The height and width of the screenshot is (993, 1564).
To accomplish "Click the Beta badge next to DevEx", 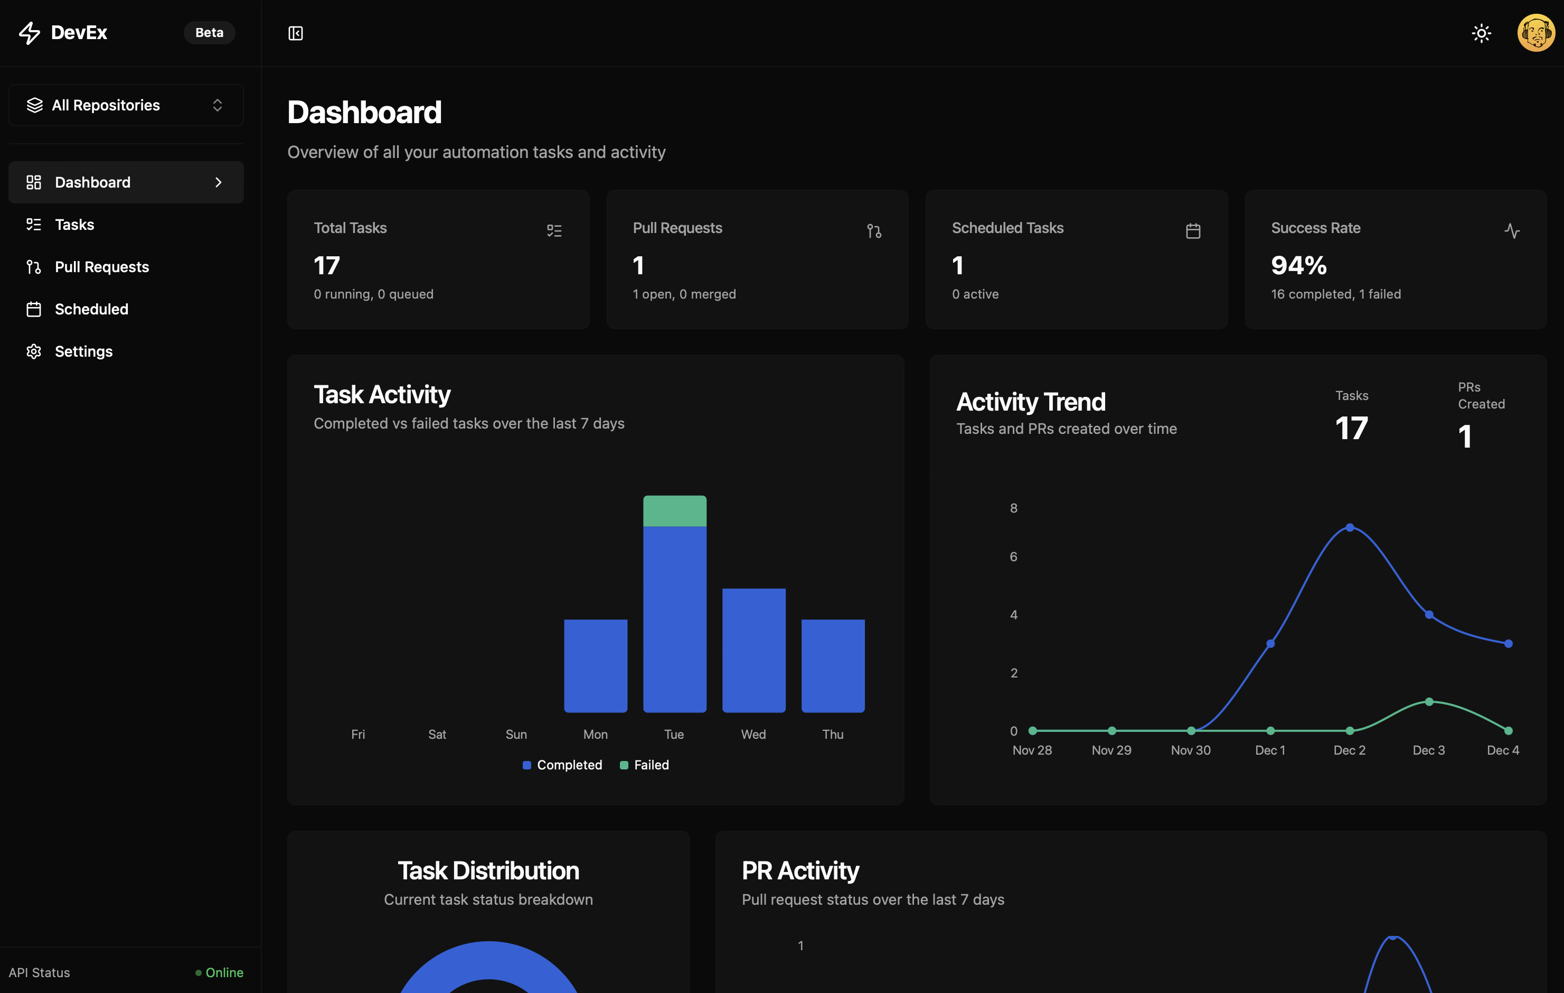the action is tap(209, 32).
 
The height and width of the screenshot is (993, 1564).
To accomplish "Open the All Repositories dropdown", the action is tap(126, 105).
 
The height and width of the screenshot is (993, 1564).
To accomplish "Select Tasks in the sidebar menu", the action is tap(74, 225).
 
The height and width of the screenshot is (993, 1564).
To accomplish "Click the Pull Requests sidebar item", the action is tap(102, 267).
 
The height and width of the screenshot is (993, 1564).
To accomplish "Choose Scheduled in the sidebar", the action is tap(91, 309).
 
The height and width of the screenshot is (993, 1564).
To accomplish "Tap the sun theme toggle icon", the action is tap(1481, 33).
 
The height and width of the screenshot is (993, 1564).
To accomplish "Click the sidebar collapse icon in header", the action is tap(296, 33).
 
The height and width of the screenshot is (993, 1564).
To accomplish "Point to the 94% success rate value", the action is tap(1298, 265).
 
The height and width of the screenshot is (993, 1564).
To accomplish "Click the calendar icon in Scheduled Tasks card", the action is tap(1192, 231).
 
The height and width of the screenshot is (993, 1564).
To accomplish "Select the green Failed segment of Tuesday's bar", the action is tap(674, 511).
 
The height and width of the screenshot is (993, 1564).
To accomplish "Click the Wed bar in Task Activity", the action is tap(753, 650).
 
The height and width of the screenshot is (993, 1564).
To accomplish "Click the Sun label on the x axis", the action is tap(516, 735).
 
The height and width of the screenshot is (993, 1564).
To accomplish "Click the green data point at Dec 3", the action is tap(1429, 702).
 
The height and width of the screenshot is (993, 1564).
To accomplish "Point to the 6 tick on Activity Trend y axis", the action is tap(1013, 557).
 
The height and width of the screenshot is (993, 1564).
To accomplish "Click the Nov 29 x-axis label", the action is tap(1111, 750).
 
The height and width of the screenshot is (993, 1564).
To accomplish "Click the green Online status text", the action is tap(224, 973).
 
